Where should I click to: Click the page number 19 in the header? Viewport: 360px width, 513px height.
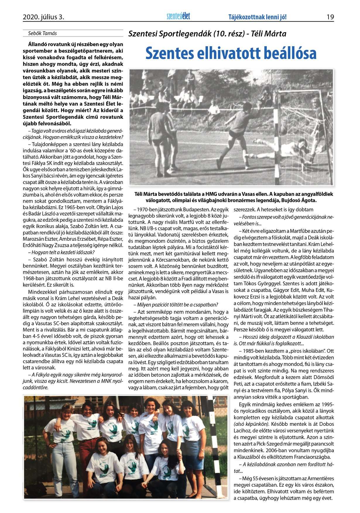pos(330,17)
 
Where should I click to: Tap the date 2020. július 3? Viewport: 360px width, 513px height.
pos(43,17)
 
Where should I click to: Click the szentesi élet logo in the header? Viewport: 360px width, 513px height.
pos(178,16)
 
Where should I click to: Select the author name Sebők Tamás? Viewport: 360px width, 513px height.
pos(42,33)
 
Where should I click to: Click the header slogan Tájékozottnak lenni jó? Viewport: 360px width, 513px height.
pos(257,17)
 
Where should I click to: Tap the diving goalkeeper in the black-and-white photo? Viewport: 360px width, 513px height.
pos(281,146)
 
